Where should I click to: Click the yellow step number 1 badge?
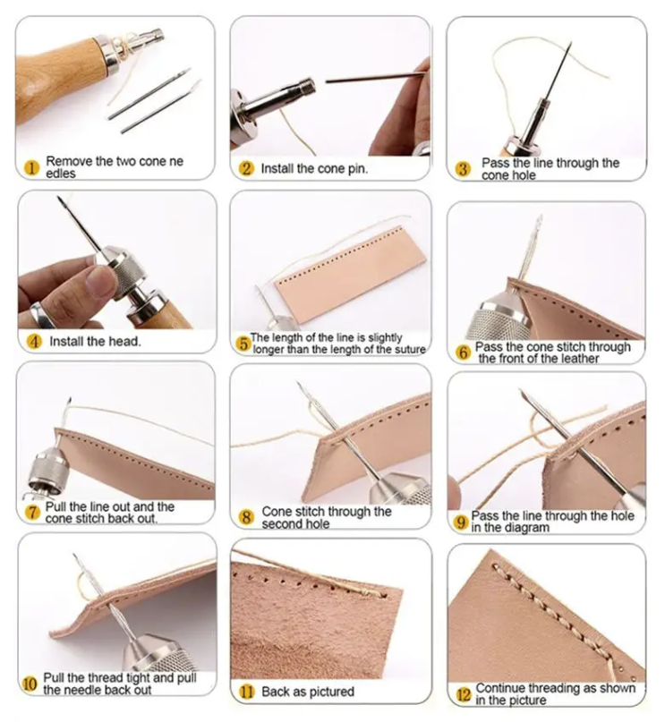click(32, 167)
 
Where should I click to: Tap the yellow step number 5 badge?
click(243, 344)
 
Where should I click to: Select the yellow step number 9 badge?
click(461, 522)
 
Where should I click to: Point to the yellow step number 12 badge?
click(464, 695)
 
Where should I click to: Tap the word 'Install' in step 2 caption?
click(277, 168)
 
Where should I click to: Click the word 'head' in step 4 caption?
click(124, 341)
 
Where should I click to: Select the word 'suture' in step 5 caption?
click(409, 350)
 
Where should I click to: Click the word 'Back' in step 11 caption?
click(275, 692)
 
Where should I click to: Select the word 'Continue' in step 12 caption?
click(499, 688)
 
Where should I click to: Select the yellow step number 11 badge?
click(247, 692)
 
